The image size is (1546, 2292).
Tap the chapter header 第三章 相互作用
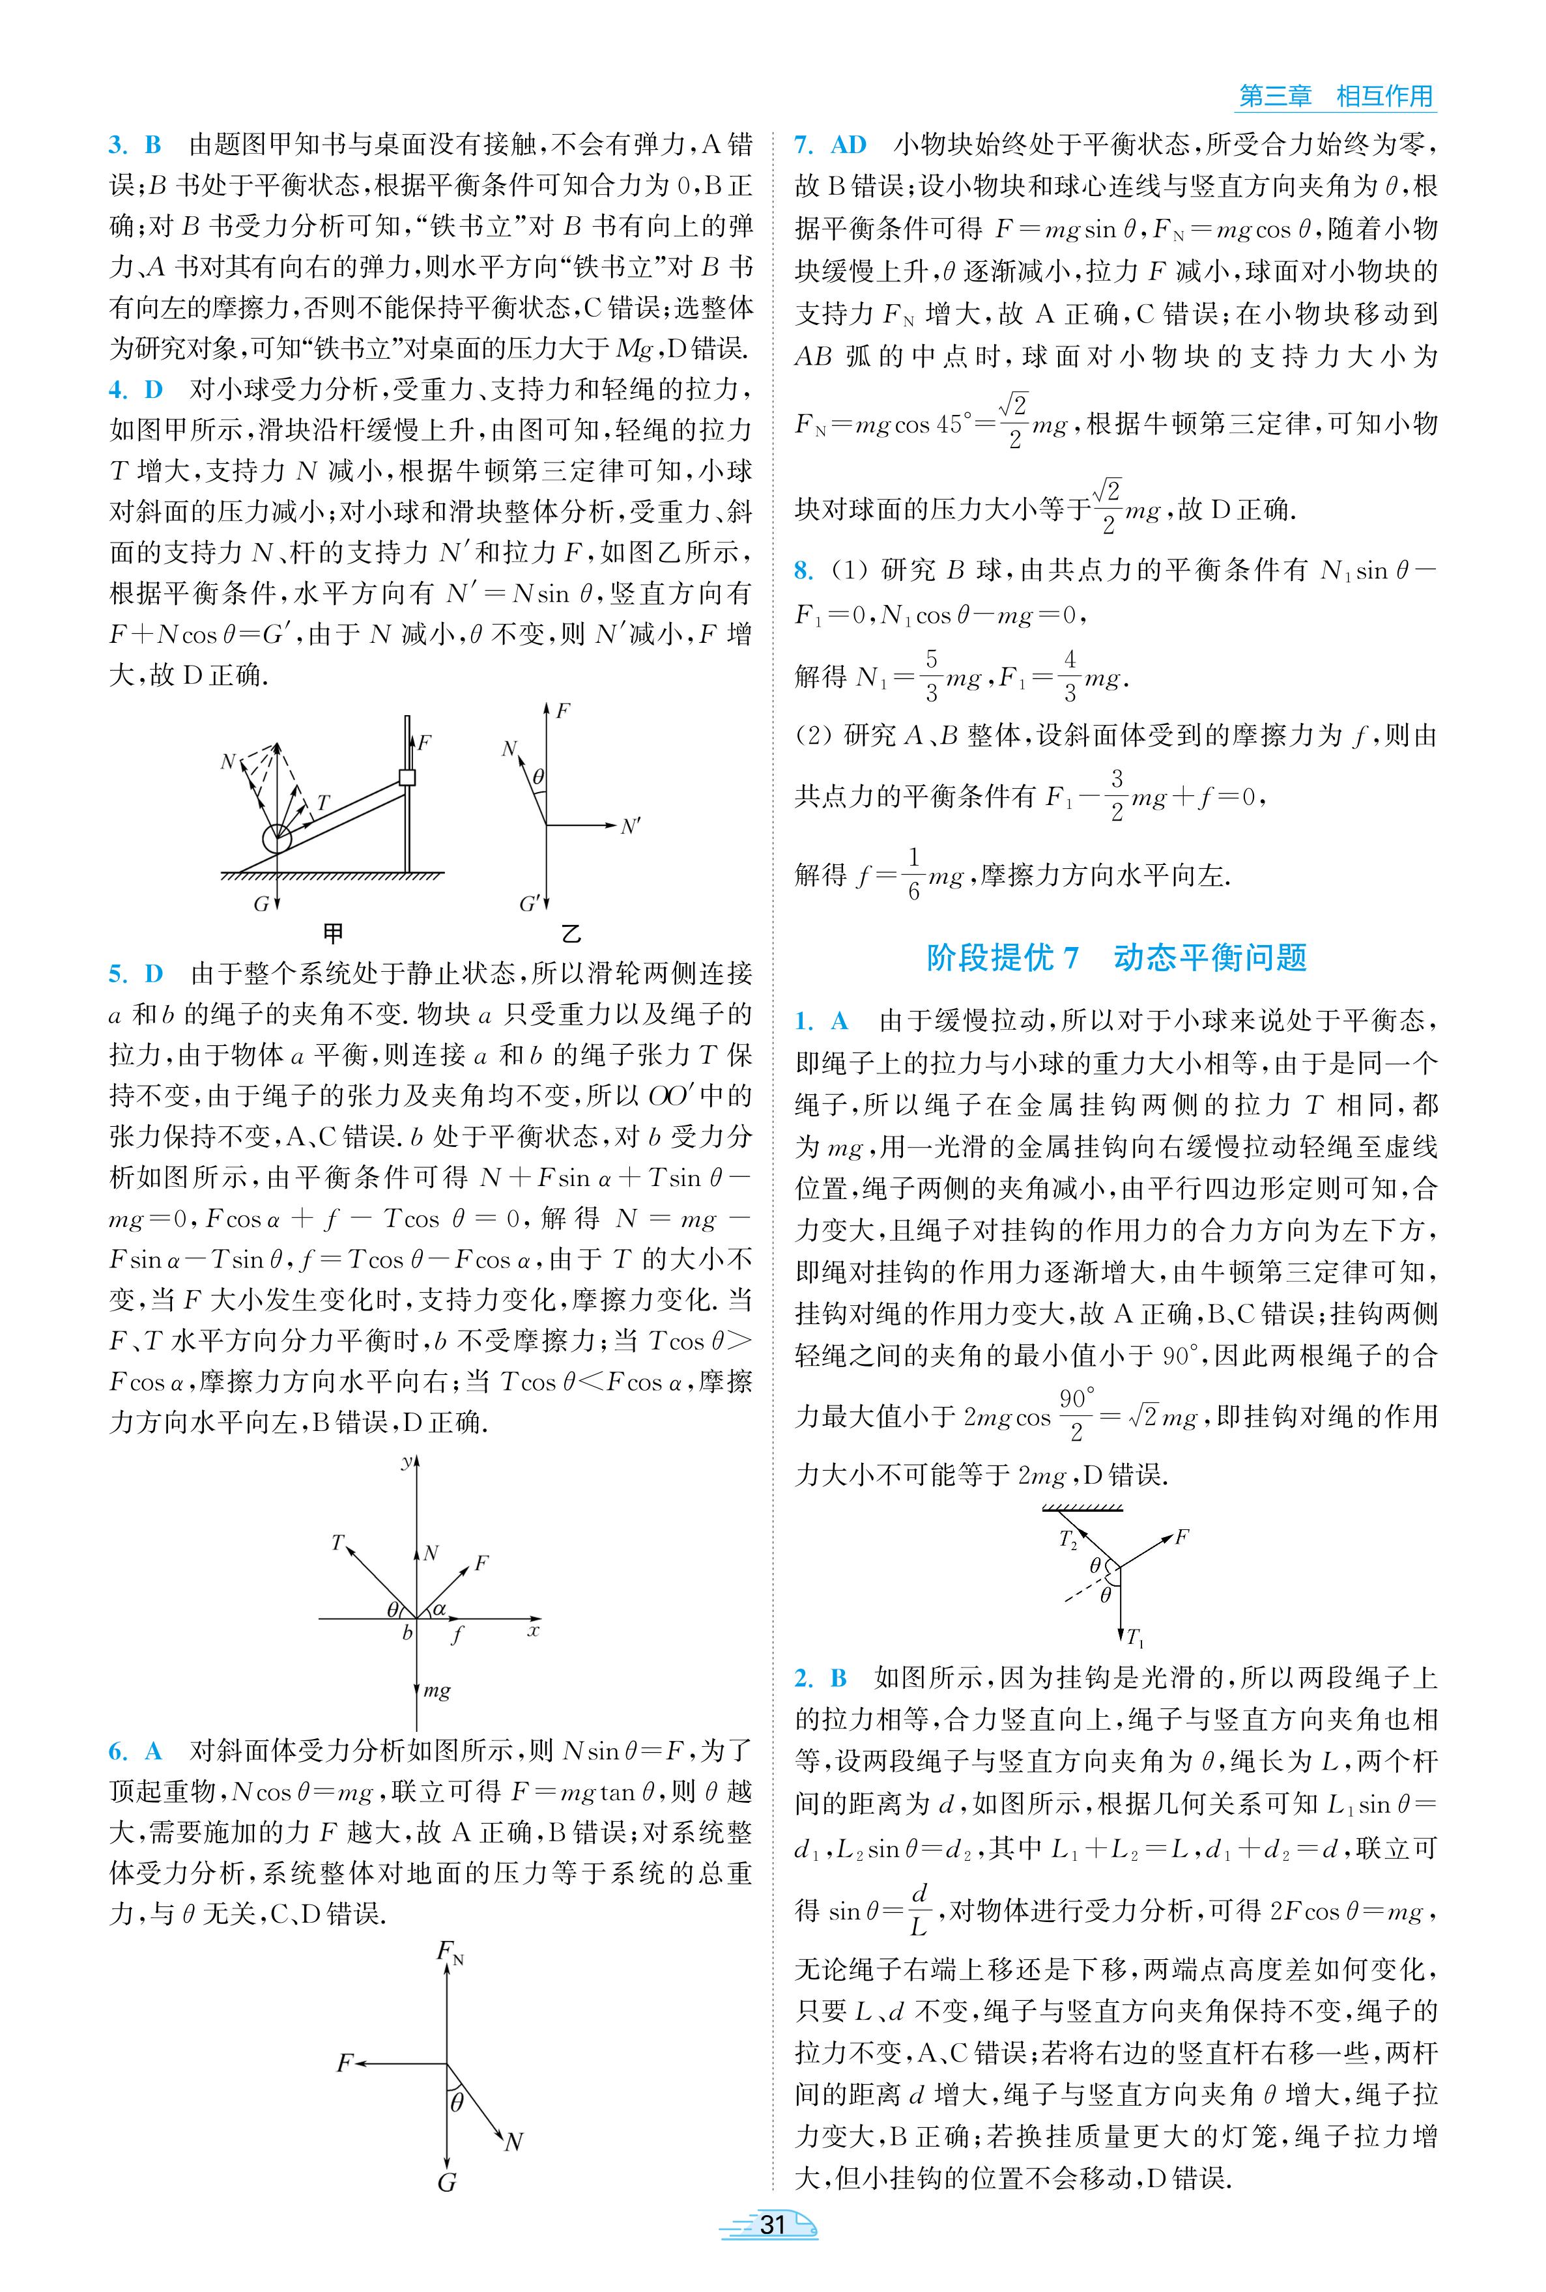pyautogui.click(x=1335, y=96)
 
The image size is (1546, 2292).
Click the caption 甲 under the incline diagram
pyautogui.click(x=334, y=933)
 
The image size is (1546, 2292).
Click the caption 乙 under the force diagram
pyautogui.click(x=570, y=933)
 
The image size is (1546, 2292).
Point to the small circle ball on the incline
pyautogui.click(x=277, y=839)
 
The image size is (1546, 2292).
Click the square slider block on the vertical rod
pyautogui.click(x=407, y=778)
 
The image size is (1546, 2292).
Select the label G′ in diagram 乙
pyautogui.click(x=530, y=903)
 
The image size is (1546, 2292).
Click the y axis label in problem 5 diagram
pyautogui.click(x=405, y=1463)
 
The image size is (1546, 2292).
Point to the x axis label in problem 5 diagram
pyautogui.click(x=534, y=1630)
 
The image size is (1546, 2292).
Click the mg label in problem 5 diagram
pyautogui.click(x=437, y=1691)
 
